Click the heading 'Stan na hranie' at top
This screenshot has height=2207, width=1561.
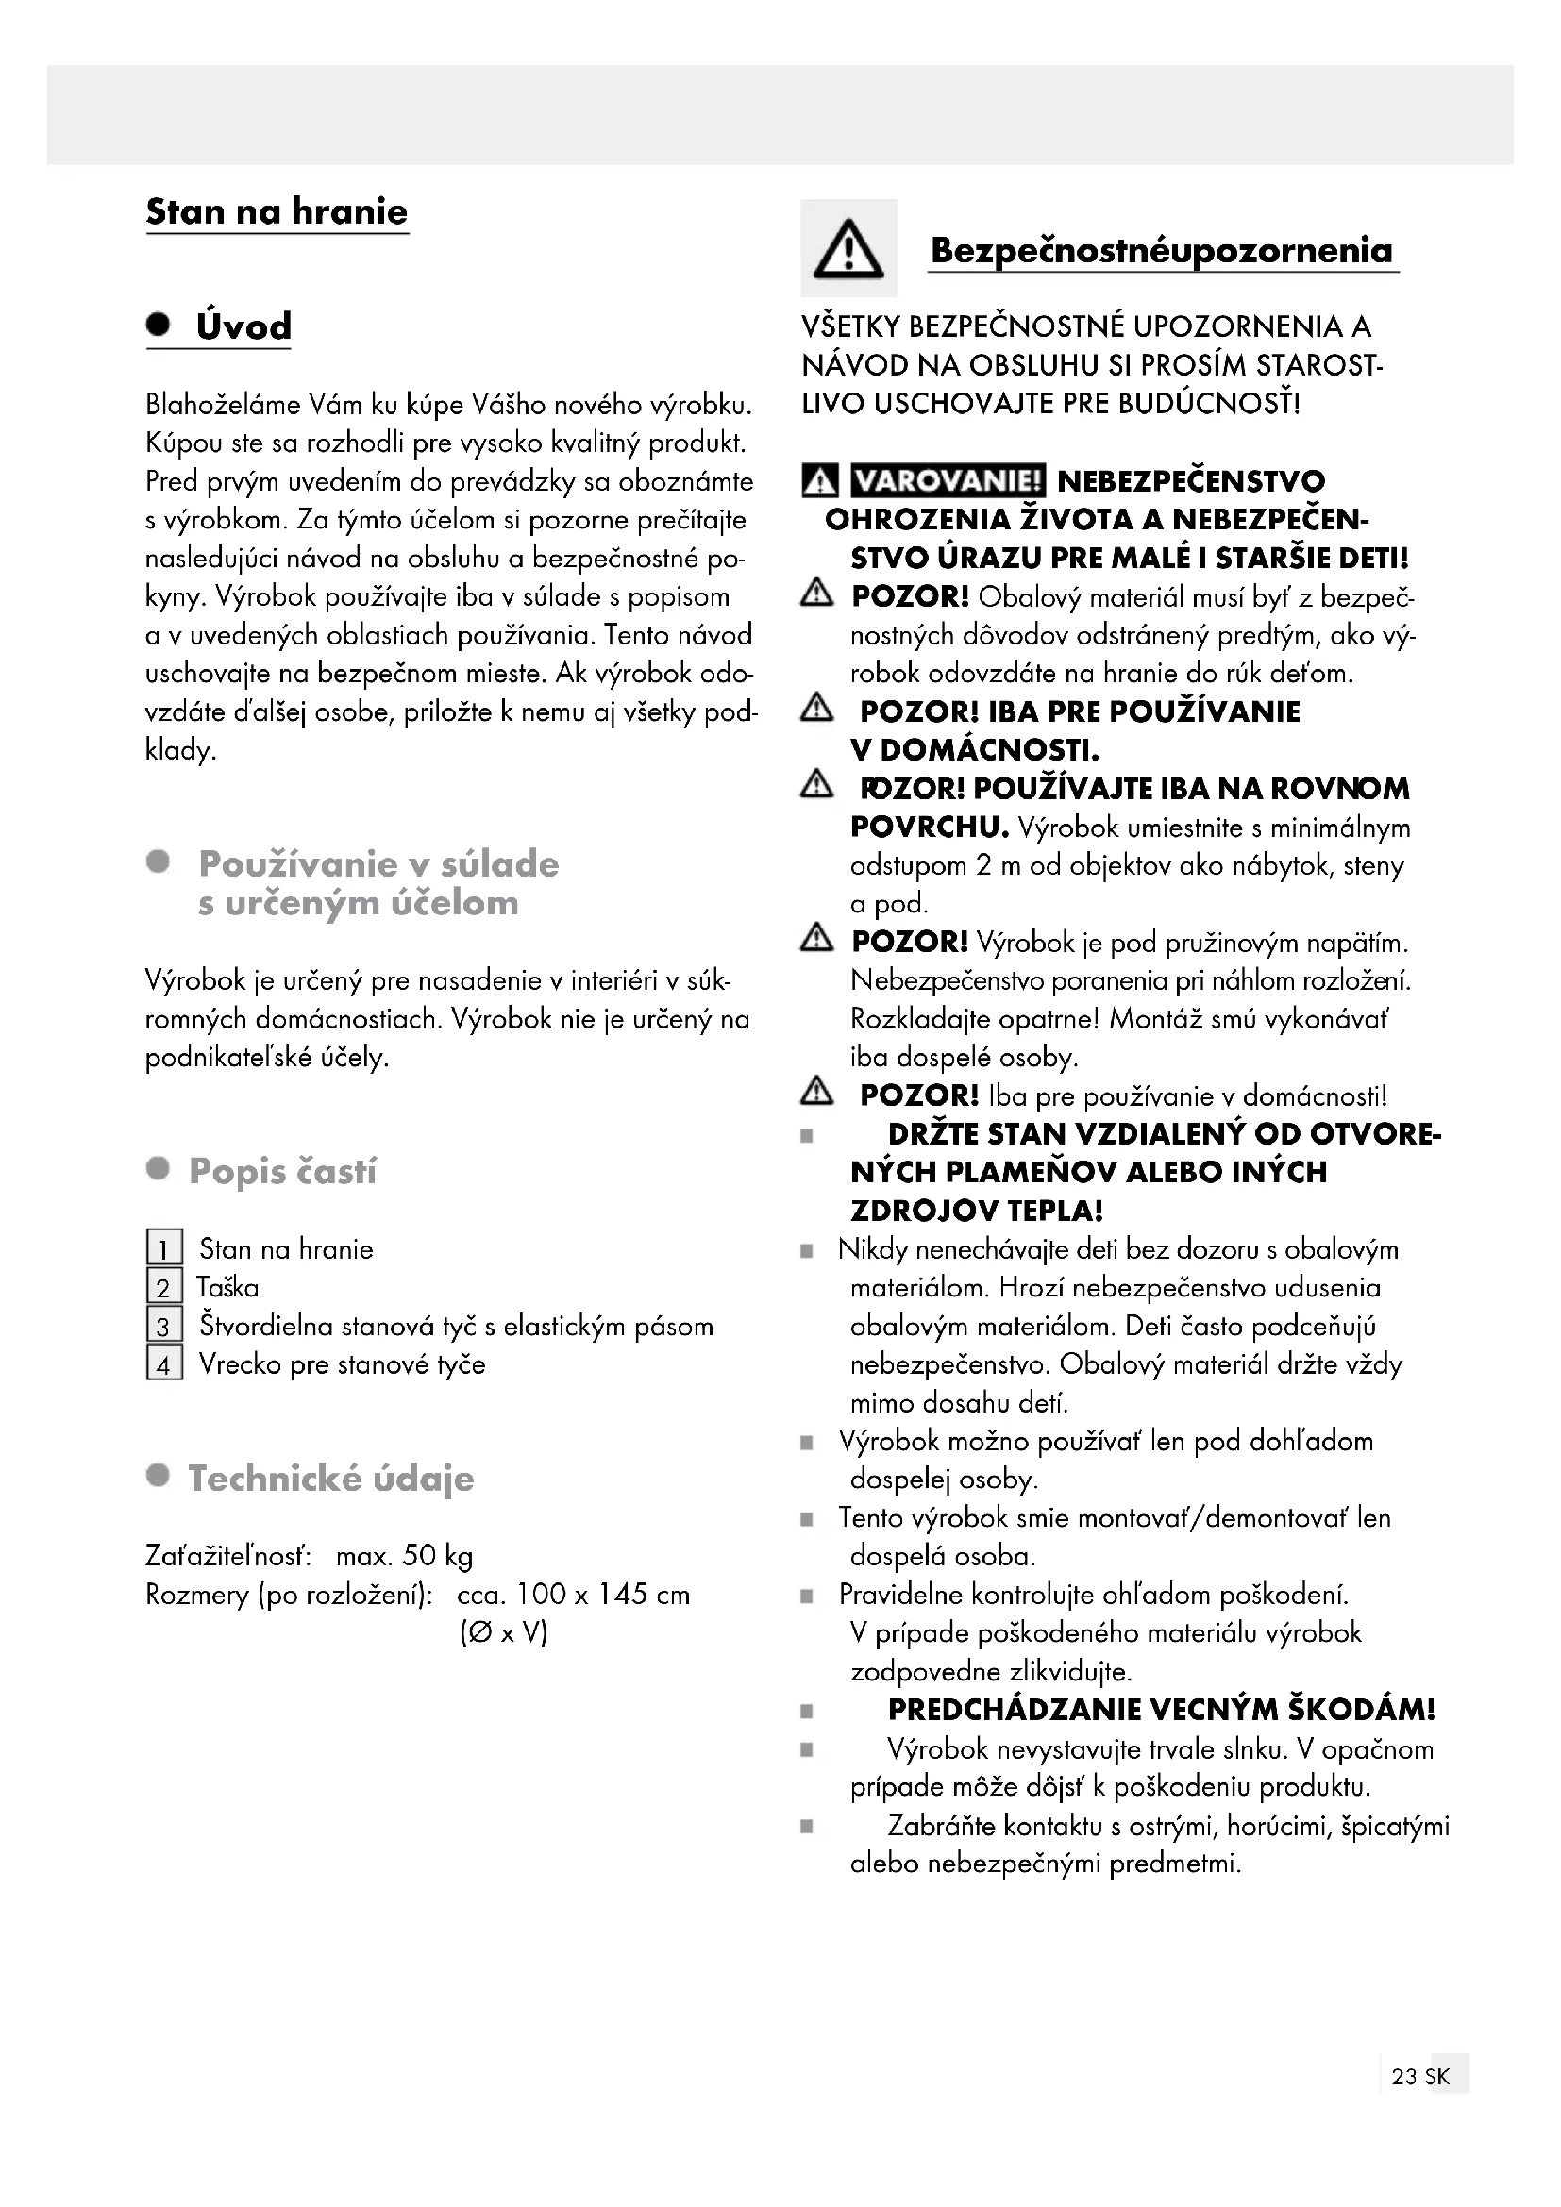(277, 211)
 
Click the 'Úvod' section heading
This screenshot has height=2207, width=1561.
(243, 326)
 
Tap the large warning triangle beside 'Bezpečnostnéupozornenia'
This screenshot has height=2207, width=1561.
(848, 249)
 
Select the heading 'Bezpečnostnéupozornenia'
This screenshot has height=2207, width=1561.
(1161, 251)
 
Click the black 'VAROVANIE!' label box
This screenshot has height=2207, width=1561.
(948, 479)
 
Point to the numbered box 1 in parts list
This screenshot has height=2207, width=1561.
(164, 1248)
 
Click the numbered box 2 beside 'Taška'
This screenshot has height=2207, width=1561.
(164, 1287)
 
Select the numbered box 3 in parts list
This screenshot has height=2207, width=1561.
(164, 1326)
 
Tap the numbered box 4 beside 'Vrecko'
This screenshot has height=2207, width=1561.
(164, 1364)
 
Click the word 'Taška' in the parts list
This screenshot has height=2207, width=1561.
(227, 1287)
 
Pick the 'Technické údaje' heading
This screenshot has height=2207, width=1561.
(330, 1479)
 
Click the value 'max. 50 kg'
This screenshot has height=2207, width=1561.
(405, 1555)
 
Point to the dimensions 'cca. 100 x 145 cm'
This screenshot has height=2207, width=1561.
(573, 1595)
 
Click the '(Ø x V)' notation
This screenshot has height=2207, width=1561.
(504, 1633)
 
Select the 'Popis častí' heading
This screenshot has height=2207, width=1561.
(282, 1171)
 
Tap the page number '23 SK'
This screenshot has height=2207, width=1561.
(1420, 2103)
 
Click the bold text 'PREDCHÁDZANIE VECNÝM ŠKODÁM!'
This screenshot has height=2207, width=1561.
(1161, 1710)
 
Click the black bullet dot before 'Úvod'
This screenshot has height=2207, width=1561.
(159, 324)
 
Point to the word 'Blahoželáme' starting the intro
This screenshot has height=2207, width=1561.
(223, 405)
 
